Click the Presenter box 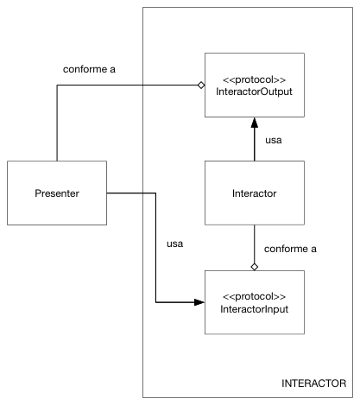[57, 193]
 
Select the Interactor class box [255, 193]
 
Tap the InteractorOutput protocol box [255, 85]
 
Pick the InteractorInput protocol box [255, 302]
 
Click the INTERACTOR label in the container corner [313, 383]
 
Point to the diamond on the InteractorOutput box [201, 85]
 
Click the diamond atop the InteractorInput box [255, 267]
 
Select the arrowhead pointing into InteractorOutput [255, 123]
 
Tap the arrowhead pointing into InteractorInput [199, 302]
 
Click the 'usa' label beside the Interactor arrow [274, 140]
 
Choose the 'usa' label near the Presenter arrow [175, 244]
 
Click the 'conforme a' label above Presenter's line [89, 69]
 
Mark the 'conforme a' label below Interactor [290, 249]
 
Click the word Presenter [57, 193]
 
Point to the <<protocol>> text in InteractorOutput [255, 79]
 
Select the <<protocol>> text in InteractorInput [255, 296]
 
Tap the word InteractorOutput [255, 92]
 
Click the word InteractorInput [255, 309]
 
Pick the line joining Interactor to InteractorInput [255, 244]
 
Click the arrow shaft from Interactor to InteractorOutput [255, 144]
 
